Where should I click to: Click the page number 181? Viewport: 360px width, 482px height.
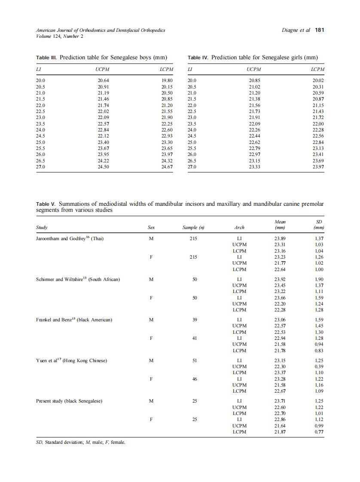click(x=320, y=31)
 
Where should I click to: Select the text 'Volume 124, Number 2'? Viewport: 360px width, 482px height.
click(x=60, y=36)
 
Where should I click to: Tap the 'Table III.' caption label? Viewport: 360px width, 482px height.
click(x=46, y=58)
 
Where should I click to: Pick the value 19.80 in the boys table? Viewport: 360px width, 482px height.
click(x=167, y=80)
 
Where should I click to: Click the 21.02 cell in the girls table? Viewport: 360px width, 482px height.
click(x=255, y=86)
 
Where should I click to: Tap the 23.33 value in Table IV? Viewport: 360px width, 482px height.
click(x=255, y=167)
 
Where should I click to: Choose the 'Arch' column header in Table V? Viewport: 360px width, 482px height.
click(x=239, y=227)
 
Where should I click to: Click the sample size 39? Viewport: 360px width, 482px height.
click(x=194, y=320)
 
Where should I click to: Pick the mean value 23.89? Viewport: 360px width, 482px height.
click(x=280, y=239)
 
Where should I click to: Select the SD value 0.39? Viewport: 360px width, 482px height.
click(x=319, y=366)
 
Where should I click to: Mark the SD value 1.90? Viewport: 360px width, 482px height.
click(x=319, y=279)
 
